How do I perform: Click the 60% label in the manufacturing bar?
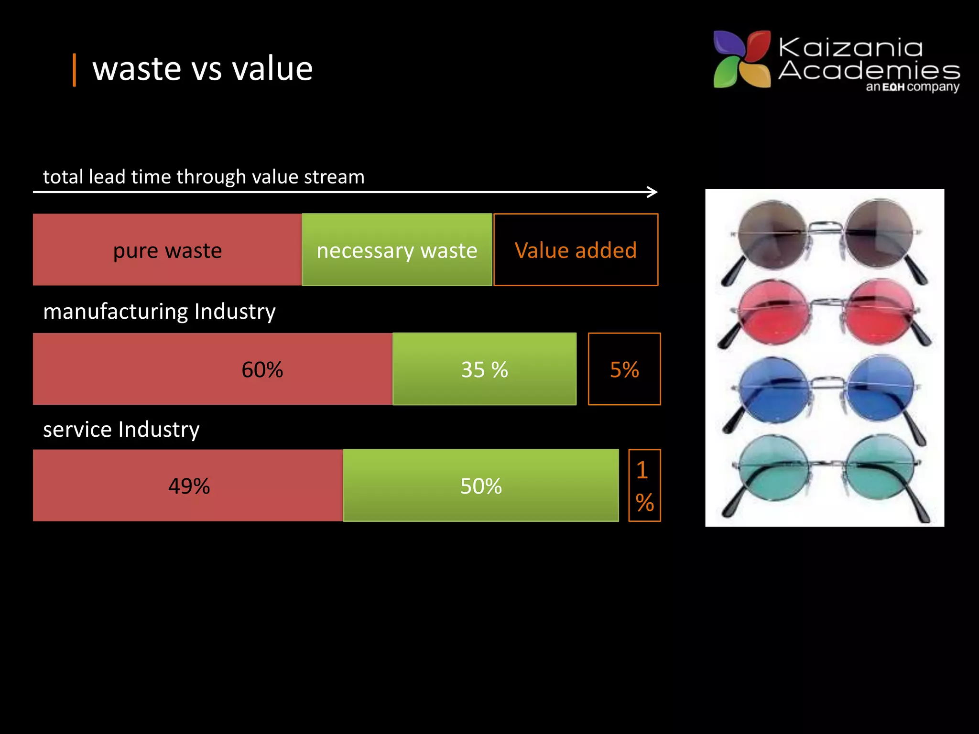pyautogui.click(x=262, y=369)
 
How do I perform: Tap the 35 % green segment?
pyautogui.click(x=484, y=369)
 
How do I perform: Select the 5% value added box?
pyautogui.click(x=624, y=369)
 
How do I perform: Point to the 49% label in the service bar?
pyautogui.click(x=189, y=486)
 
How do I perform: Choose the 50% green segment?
pyautogui.click(x=481, y=486)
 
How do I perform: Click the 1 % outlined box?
pyautogui.click(x=644, y=486)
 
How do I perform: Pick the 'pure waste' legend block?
pyautogui.click(x=167, y=250)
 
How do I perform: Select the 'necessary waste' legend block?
pyautogui.click(x=397, y=250)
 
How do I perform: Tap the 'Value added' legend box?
pyautogui.click(x=576, y=250)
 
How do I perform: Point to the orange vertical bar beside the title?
pyautogui.click(x=74, y=70)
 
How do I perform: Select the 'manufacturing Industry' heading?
pyautogui.click(x=159, y=312)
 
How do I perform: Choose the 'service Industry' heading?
pyautogui.click(x=121, y=430)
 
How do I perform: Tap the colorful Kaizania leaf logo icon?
pyautogui.click(x=742, y=59)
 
